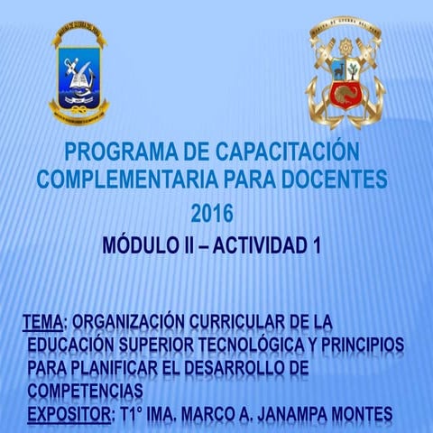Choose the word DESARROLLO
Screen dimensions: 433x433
point(242,369)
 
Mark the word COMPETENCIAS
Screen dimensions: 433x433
point(85,391)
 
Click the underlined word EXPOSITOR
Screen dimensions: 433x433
point(69,414)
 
